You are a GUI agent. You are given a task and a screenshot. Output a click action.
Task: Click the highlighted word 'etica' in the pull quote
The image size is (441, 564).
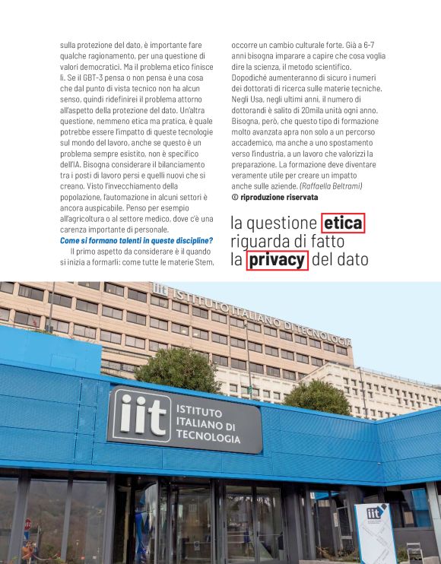343,223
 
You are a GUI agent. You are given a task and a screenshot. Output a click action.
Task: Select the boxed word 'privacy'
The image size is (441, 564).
277,260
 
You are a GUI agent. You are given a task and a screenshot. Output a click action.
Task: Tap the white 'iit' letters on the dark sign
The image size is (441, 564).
142,415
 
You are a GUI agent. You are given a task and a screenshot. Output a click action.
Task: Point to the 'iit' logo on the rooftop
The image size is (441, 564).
160,289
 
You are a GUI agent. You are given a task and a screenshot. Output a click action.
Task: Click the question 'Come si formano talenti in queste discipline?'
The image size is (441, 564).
136,241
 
